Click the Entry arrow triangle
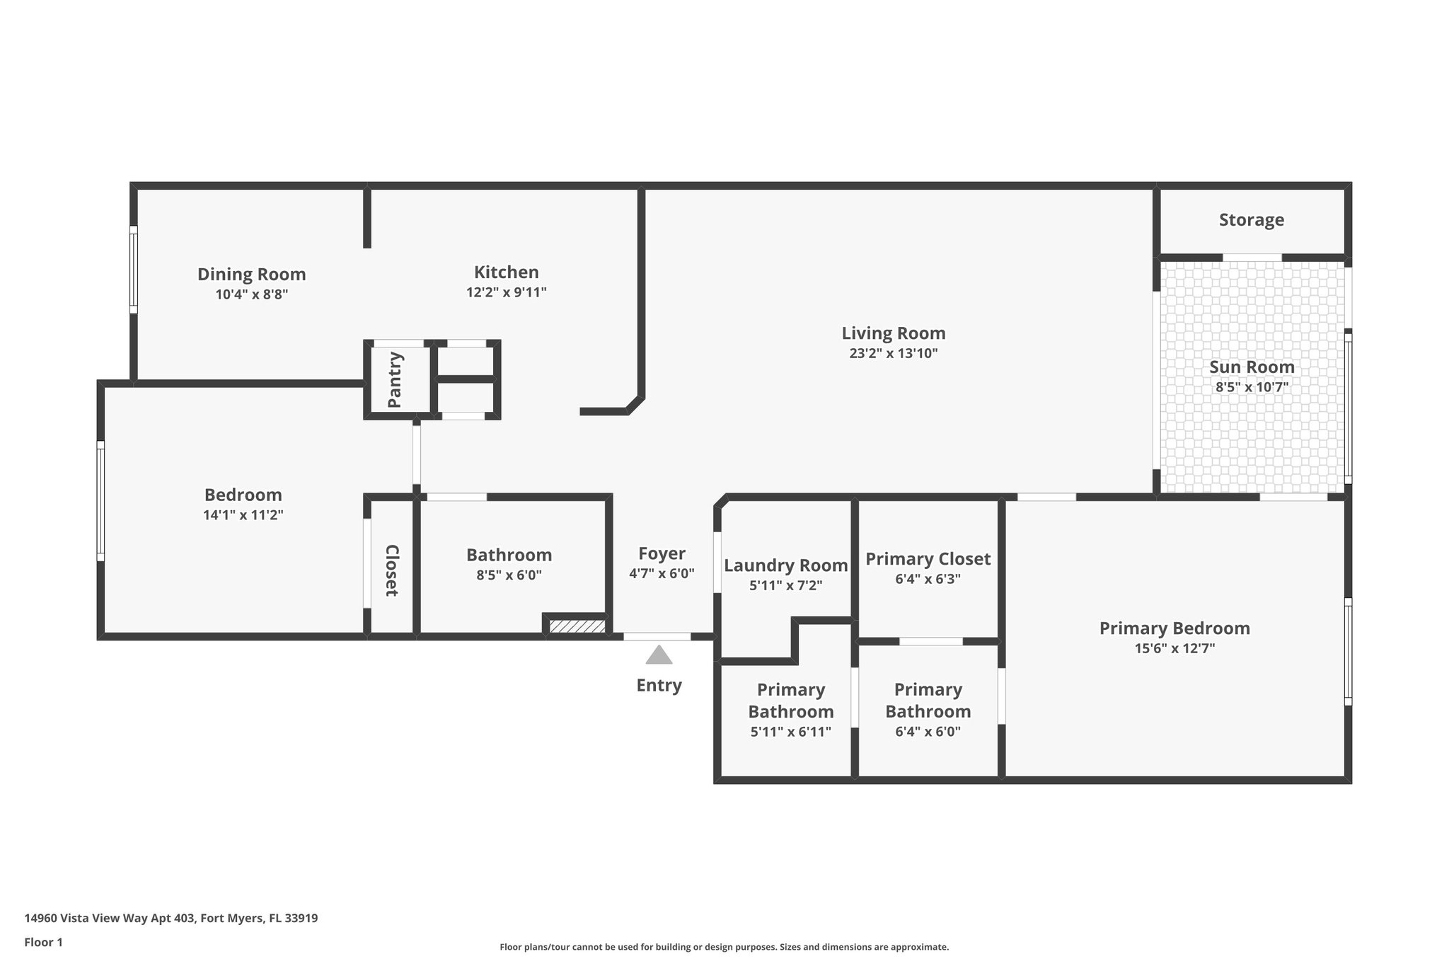pyautogui.click(x=659, y=655)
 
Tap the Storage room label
pyautogui.click(x=1251, y=220)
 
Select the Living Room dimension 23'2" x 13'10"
pyautogui.click(x=893, y=354)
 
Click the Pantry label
pyautogui.click(x=395, y=379)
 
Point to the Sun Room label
pyautogui.click(x=1251, y=367)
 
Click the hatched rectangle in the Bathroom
pyautogui.click(x=577, y=626)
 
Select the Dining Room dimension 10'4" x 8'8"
pyautogui.click(x=251, y=294)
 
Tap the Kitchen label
pyautogui.click(x=506, y=272)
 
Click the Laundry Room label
pyautogui.click(x=785, y=565)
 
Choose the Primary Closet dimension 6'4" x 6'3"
pyautogui.click(x=928, y=579)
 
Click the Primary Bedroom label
pyautogui.click(x=1174, y=628)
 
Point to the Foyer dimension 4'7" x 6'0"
pyautogui.click(x=662, y=574)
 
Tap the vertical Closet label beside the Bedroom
pyautogui.click(x=391, y=570)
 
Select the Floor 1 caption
pyautogui.click(x=43, y=942)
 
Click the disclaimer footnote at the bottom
pyautogui.click(x=724, y=947)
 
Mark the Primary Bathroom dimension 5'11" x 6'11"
pyautogui.click(x=790, y=732)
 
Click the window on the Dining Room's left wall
pyautogui.click(x=133, y=269)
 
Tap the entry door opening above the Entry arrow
pyautogui.click(x=657, y=636)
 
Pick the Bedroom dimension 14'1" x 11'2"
pyautogui.click(x=243, y=515)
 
